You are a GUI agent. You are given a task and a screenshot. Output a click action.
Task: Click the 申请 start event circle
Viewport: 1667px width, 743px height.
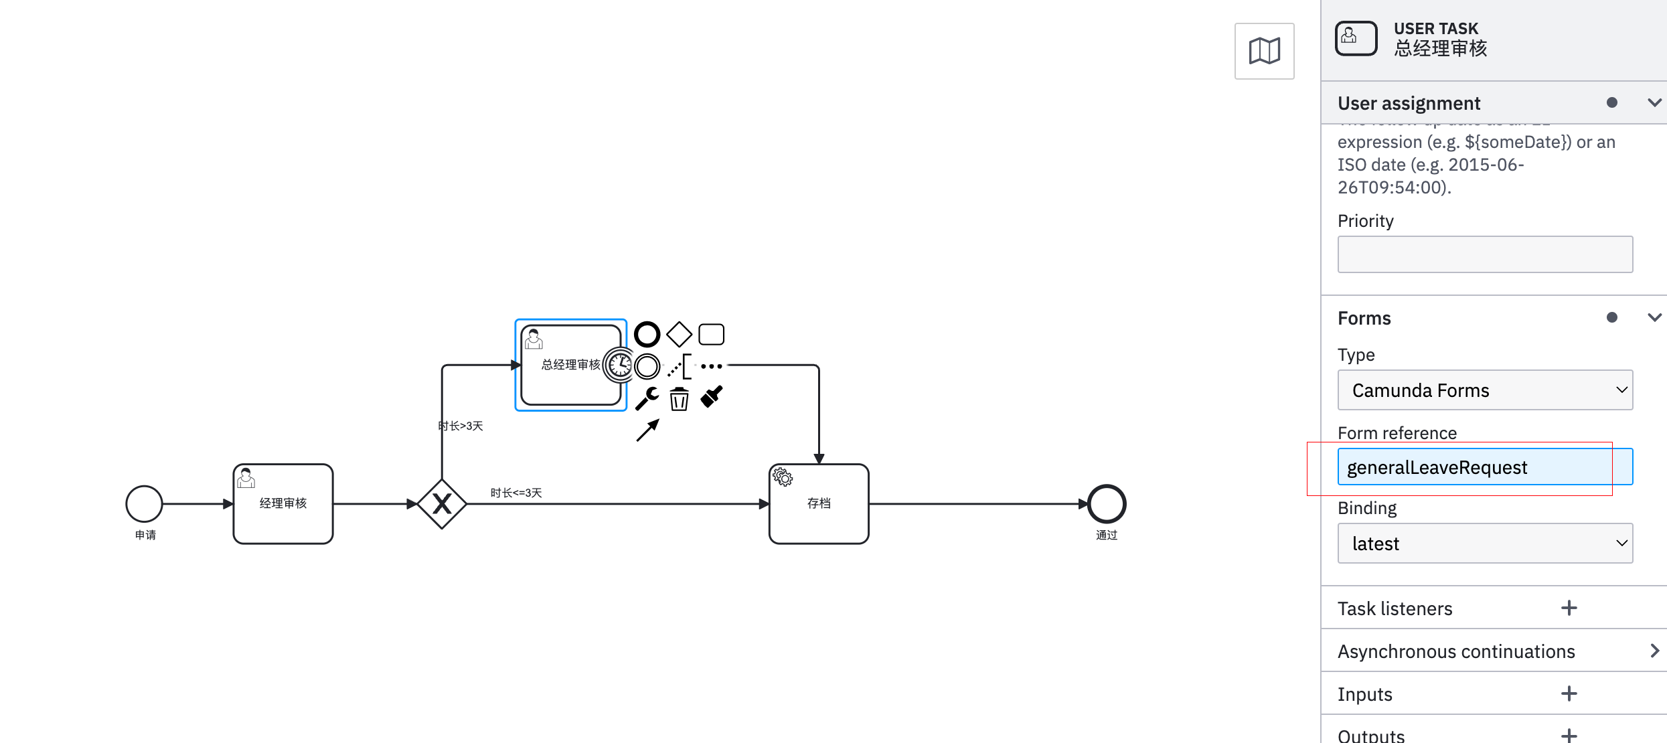pos(144,503)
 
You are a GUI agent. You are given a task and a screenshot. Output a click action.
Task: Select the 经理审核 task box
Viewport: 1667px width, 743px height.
pos(283,503)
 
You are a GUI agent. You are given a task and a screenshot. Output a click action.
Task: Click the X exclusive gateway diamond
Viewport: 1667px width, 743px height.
pos(442,503)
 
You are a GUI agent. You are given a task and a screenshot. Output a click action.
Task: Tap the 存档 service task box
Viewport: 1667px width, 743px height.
pos(818,503)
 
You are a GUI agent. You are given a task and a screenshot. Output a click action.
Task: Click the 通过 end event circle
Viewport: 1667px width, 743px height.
pos(1106,503)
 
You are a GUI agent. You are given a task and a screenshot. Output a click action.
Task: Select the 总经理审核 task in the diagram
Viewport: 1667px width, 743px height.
pos(562,382)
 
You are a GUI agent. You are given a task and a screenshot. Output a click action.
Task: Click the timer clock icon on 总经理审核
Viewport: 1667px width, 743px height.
pos(620,365)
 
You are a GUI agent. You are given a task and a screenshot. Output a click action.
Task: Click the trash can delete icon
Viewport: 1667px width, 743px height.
pos(679,399)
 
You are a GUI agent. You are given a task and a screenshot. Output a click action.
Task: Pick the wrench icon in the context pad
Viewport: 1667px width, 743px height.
pos(647,398)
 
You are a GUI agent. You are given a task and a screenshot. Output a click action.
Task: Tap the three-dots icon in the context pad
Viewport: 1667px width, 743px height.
pos(711,366)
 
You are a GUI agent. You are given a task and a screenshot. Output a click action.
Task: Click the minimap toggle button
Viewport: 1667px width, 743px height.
pos(1264,51)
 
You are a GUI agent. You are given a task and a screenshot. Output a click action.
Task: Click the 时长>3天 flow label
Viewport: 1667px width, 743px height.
pos(461,426)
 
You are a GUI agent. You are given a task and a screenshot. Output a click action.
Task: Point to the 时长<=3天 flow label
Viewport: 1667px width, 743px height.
pos(515,493)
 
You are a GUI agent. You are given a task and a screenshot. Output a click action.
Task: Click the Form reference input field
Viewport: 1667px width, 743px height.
pos(1484,467)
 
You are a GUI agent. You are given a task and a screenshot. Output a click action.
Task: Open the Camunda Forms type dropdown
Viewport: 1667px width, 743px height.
pos(1484,390)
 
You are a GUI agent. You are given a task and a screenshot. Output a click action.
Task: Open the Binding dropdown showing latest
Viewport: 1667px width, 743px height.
pos(1484,543)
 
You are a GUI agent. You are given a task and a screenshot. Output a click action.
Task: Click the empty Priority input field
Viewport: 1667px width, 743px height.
pos(1484,254)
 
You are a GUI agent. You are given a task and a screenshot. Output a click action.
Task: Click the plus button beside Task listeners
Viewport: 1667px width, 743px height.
pos(1569,608)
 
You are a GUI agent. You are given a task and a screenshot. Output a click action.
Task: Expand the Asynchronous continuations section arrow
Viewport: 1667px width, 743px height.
pos(1654,651)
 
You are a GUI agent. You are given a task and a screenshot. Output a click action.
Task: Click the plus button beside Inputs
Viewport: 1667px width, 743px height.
pos(1569,693)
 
